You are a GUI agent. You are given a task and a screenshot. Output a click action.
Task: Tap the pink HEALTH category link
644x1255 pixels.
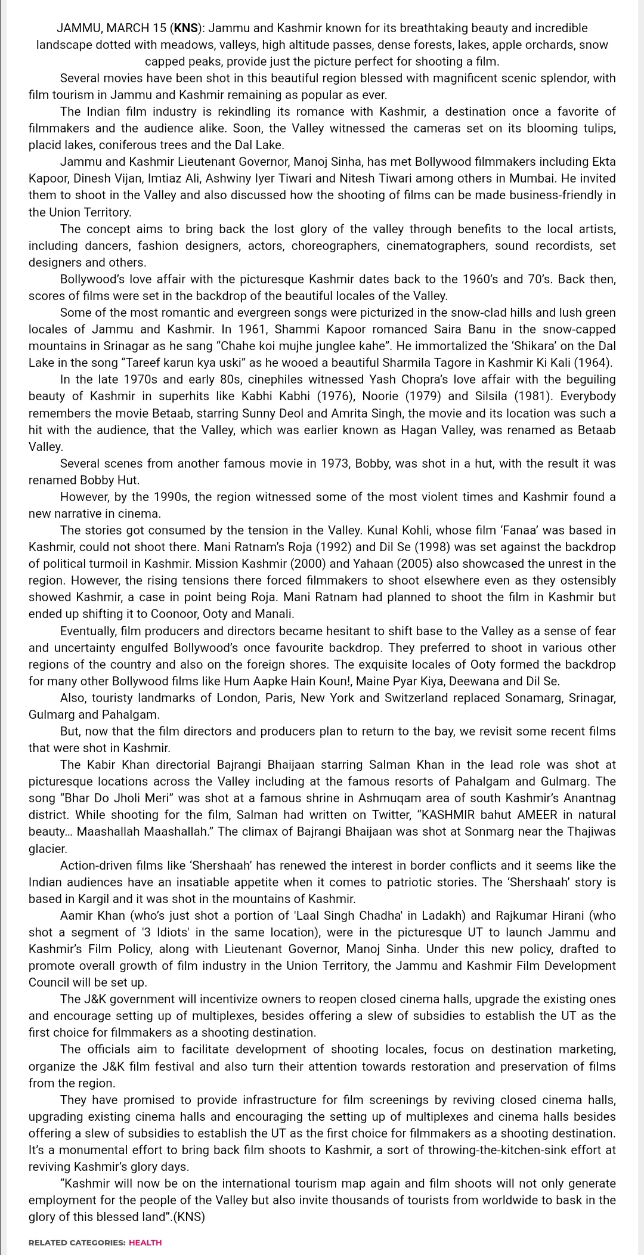pos(145,1242)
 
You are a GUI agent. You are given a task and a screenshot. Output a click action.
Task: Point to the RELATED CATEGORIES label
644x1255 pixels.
pos(77,1242)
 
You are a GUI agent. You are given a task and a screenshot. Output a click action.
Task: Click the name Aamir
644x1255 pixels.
pos(76,916)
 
